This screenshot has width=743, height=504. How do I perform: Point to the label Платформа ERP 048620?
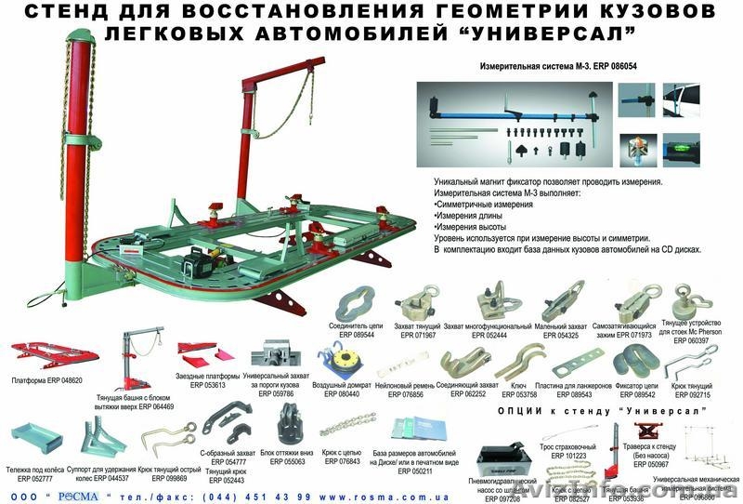click(47, 381)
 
